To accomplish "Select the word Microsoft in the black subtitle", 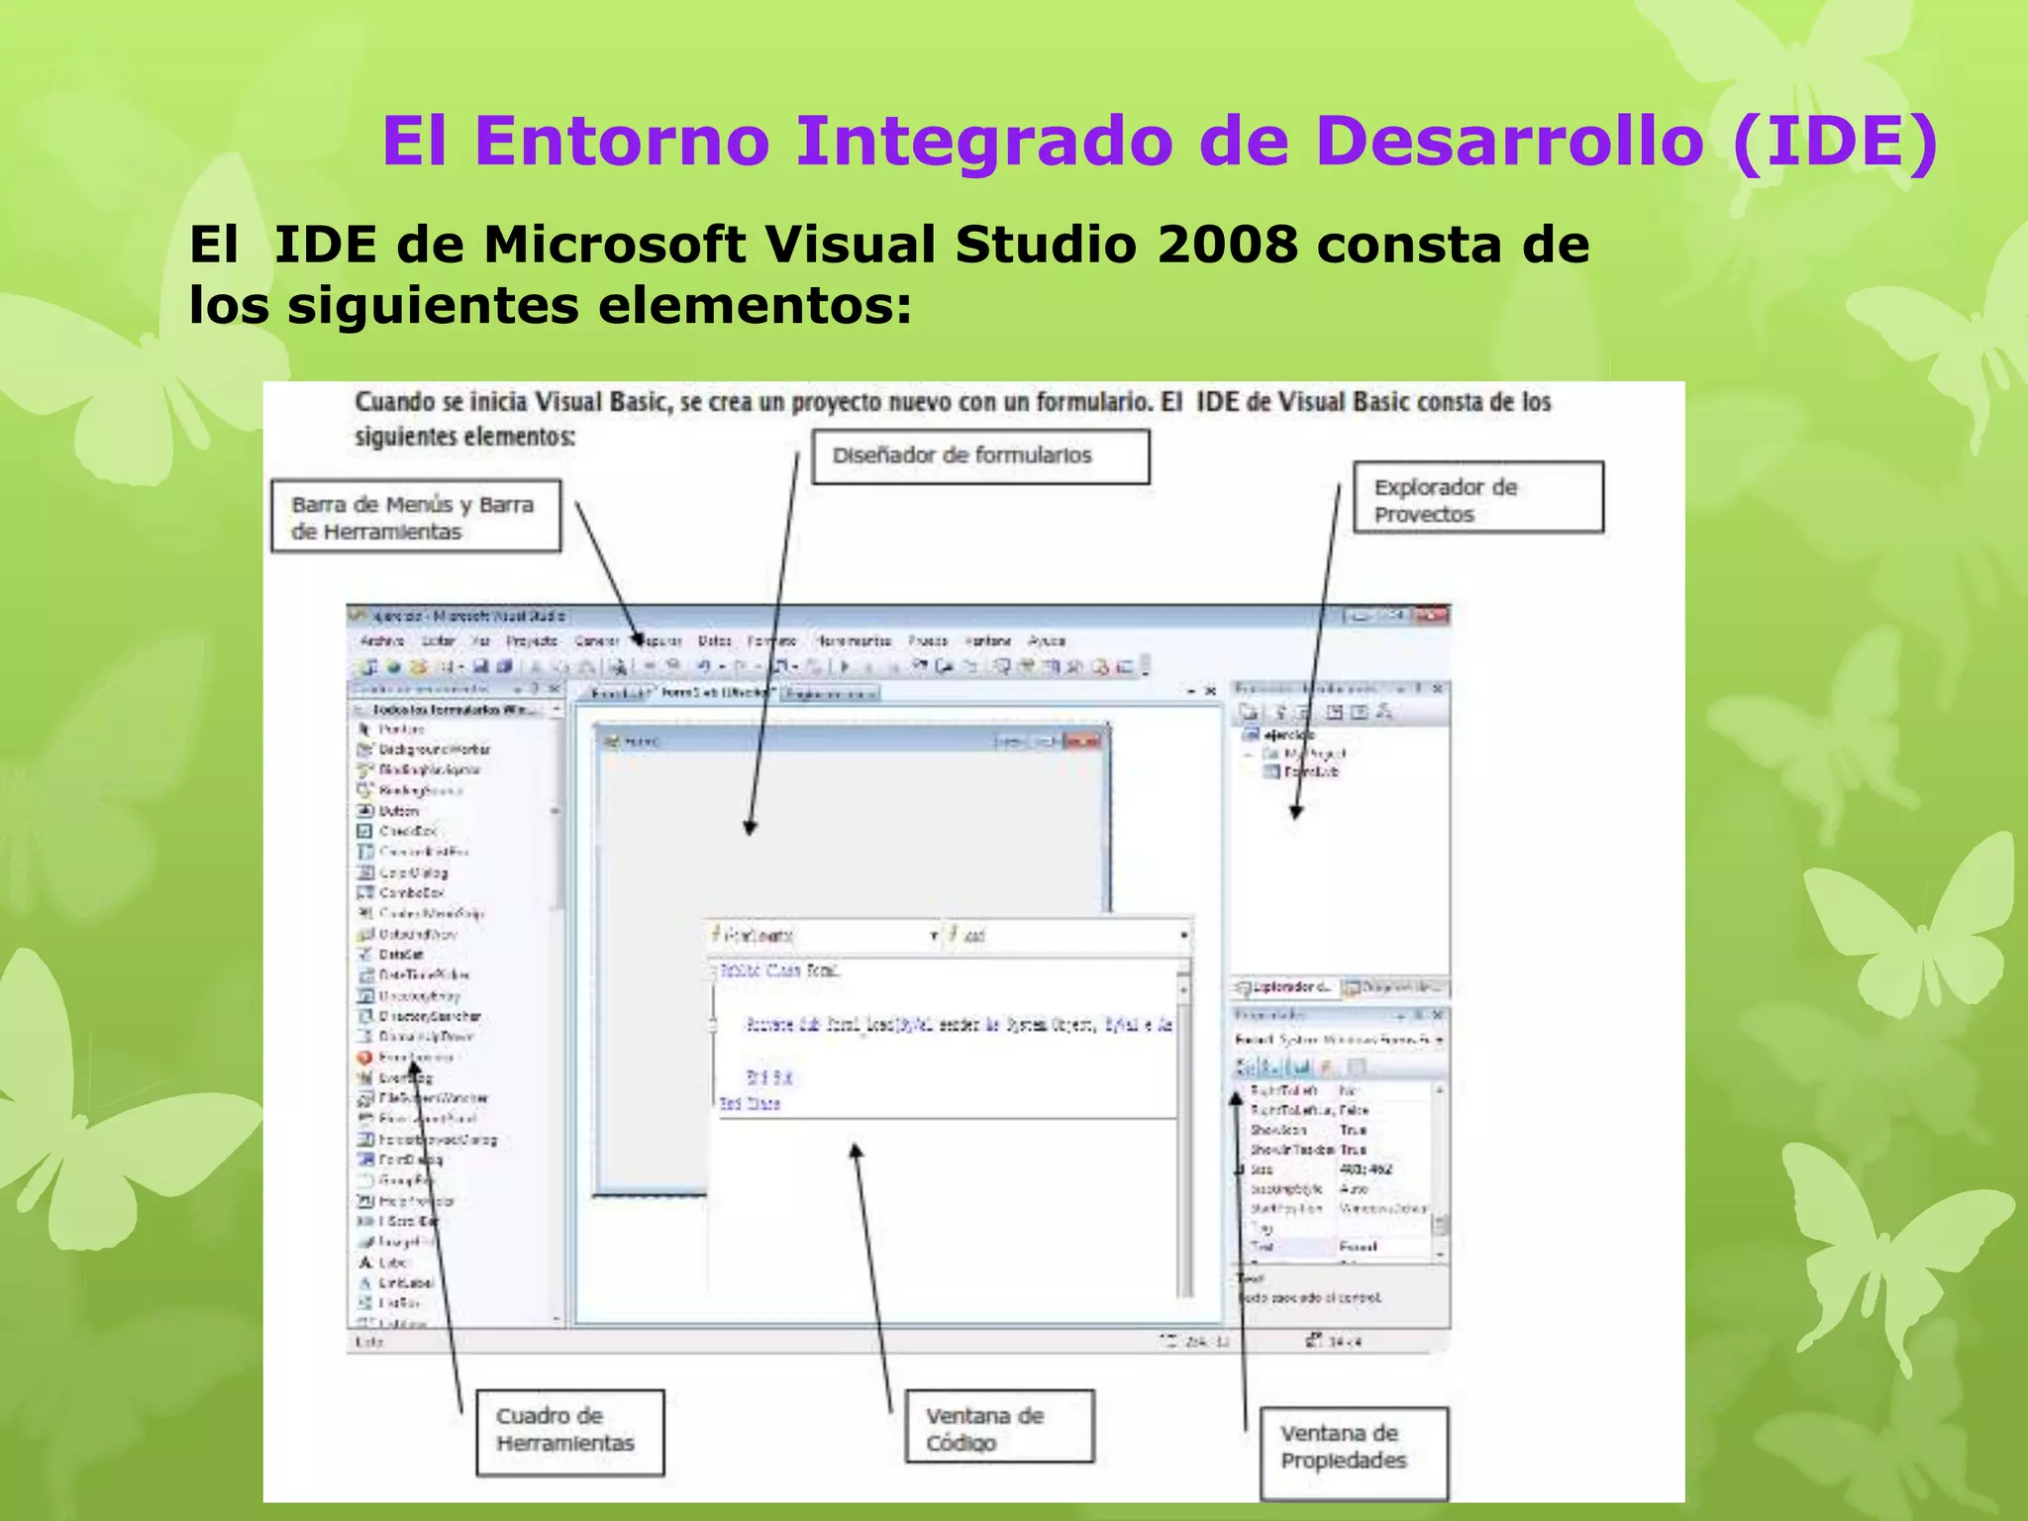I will (614, 244).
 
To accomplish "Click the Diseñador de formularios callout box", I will (980, 456).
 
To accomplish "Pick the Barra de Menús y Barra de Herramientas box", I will (416, 517).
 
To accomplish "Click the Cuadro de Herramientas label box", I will (569, 1432).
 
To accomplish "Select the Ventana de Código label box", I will (999, 1427).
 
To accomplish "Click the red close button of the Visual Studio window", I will (1431, 616).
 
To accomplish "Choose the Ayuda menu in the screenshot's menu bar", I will (1047, 641).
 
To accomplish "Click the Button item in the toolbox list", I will (398, 811).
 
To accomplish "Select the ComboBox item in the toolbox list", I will (411, 893).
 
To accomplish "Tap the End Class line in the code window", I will (750, 1103).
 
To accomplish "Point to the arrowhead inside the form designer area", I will (750, 828).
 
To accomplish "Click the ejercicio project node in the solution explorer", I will (1288, 735).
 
